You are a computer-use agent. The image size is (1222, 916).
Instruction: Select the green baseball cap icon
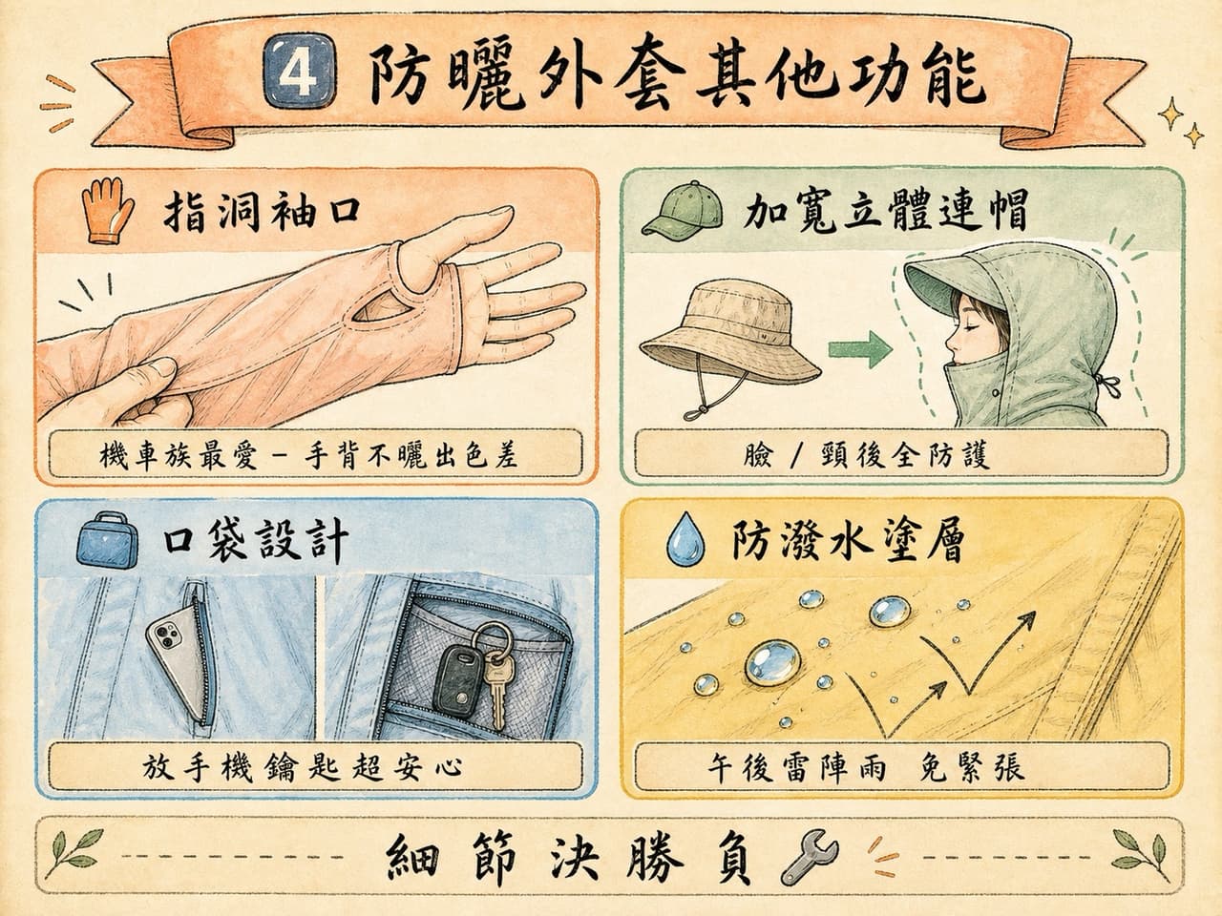point(684,209)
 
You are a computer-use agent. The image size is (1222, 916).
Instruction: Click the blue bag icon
point(106,540)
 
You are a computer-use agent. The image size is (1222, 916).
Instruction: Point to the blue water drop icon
point(685,538)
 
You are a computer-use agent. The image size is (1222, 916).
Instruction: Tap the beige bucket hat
point(730,340)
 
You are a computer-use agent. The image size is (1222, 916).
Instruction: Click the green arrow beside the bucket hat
point(860,349)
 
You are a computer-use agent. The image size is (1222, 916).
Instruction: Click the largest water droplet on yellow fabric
point(772,663)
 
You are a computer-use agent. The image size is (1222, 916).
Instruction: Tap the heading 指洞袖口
point(261,213)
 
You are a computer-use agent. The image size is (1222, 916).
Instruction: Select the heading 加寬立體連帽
point(885,212)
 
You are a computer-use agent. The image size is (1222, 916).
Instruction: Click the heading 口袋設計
point(255,540)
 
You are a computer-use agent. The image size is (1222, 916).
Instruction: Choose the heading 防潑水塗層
point(847,539)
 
